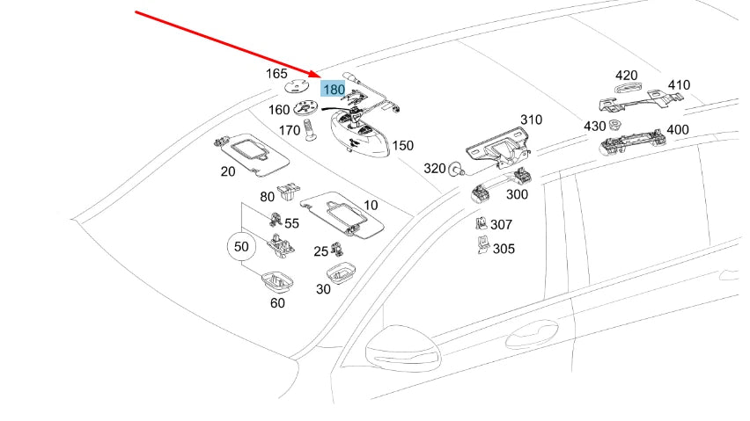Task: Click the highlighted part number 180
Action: (334, 89)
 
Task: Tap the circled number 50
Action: (240, 247)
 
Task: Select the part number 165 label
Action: (276, 74)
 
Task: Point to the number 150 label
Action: (402, 146)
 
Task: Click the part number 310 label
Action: (531, 120)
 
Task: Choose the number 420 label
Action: (626, 75)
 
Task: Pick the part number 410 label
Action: (679, 85)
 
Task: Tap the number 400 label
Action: (677, 129)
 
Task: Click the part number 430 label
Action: (594, 126)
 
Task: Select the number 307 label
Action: (501, 225)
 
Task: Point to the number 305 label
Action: (503, 249)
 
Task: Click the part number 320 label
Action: (435, 168)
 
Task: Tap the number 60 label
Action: (277, 303)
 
